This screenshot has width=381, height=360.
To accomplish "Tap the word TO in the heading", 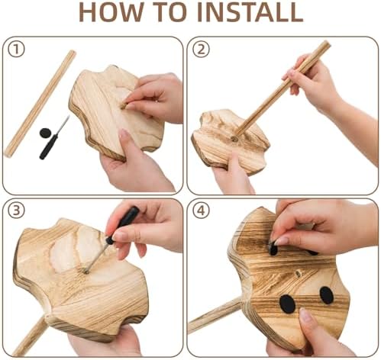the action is coord(170,13).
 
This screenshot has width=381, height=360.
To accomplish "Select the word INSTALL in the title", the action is coord(250,13).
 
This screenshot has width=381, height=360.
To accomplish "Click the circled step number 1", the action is coord(16,49).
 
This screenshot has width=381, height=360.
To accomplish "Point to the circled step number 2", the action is coord(201,49).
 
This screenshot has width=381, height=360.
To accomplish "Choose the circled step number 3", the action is coord(16,211).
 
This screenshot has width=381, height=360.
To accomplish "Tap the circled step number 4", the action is coord(201,211).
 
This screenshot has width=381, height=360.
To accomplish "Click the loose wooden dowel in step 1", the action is coord(40,104).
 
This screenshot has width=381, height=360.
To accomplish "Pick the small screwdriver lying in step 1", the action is coord(54,137).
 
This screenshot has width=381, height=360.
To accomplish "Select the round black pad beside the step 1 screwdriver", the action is coord(45,133).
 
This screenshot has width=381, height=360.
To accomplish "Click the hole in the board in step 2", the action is coord(234,139).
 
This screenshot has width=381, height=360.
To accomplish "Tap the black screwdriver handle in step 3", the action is coord(123,225).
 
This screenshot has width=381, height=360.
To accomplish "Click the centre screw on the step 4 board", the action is coord(298,274).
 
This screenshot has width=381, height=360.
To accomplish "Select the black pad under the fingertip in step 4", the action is coord(273,249).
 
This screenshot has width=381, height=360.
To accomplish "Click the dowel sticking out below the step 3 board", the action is coord(30,336).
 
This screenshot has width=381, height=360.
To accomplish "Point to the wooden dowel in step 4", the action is coord(215,315).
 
